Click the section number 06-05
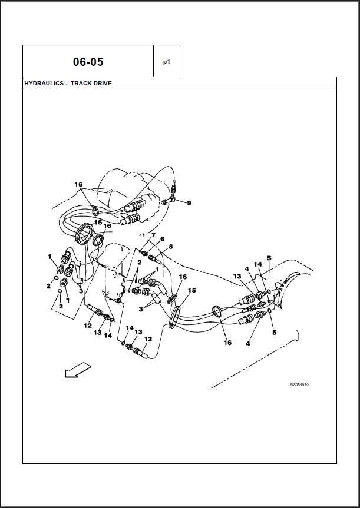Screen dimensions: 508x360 (x=88, y=62)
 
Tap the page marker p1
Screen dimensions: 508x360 (x=167, y=61)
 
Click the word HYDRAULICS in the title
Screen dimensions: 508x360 (x=44, y=84)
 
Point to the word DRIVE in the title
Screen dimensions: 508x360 (x=103, y=84)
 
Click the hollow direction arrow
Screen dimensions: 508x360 (x=77, y=370)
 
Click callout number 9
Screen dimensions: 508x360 (x=189, y=203)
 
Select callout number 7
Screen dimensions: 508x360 (x=153, y=235)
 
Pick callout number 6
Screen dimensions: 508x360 (x=162, y=239)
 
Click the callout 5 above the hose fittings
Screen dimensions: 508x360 (x=269, y=258)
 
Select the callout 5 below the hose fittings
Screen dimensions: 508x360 (x=274, y=333)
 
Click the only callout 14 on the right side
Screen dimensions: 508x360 (x=257, y=264)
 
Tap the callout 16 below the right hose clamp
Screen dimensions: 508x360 (x=227, y=343)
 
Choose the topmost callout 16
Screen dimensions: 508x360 (x=78, y=185)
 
